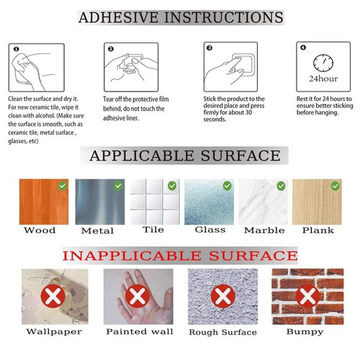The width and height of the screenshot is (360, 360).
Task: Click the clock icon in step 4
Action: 323,63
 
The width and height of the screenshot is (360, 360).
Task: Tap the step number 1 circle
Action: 16,49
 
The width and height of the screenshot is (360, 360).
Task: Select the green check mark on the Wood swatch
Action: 63,186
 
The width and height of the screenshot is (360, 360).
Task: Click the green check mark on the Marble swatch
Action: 281,186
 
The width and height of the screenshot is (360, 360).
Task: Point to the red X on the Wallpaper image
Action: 53,296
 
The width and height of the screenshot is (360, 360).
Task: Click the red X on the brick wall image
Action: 307,297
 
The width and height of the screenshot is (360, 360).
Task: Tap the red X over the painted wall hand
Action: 138,296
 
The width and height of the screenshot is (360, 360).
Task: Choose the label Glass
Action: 210,230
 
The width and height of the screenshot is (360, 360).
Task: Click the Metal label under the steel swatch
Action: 97,230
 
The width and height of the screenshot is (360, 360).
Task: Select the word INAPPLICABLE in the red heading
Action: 132,256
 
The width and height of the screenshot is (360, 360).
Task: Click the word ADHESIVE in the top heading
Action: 118,17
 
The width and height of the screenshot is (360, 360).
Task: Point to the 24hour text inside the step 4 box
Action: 323,78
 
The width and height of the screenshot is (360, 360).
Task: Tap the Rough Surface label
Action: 222,332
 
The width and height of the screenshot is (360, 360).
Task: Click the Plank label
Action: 318,230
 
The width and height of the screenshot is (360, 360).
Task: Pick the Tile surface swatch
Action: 155,202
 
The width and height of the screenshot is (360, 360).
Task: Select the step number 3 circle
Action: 210,48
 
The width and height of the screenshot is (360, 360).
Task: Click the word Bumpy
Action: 305,332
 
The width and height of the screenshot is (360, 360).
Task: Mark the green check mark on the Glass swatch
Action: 228,186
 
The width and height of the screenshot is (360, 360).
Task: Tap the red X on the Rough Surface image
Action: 223,296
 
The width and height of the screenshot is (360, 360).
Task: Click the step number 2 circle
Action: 111,49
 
